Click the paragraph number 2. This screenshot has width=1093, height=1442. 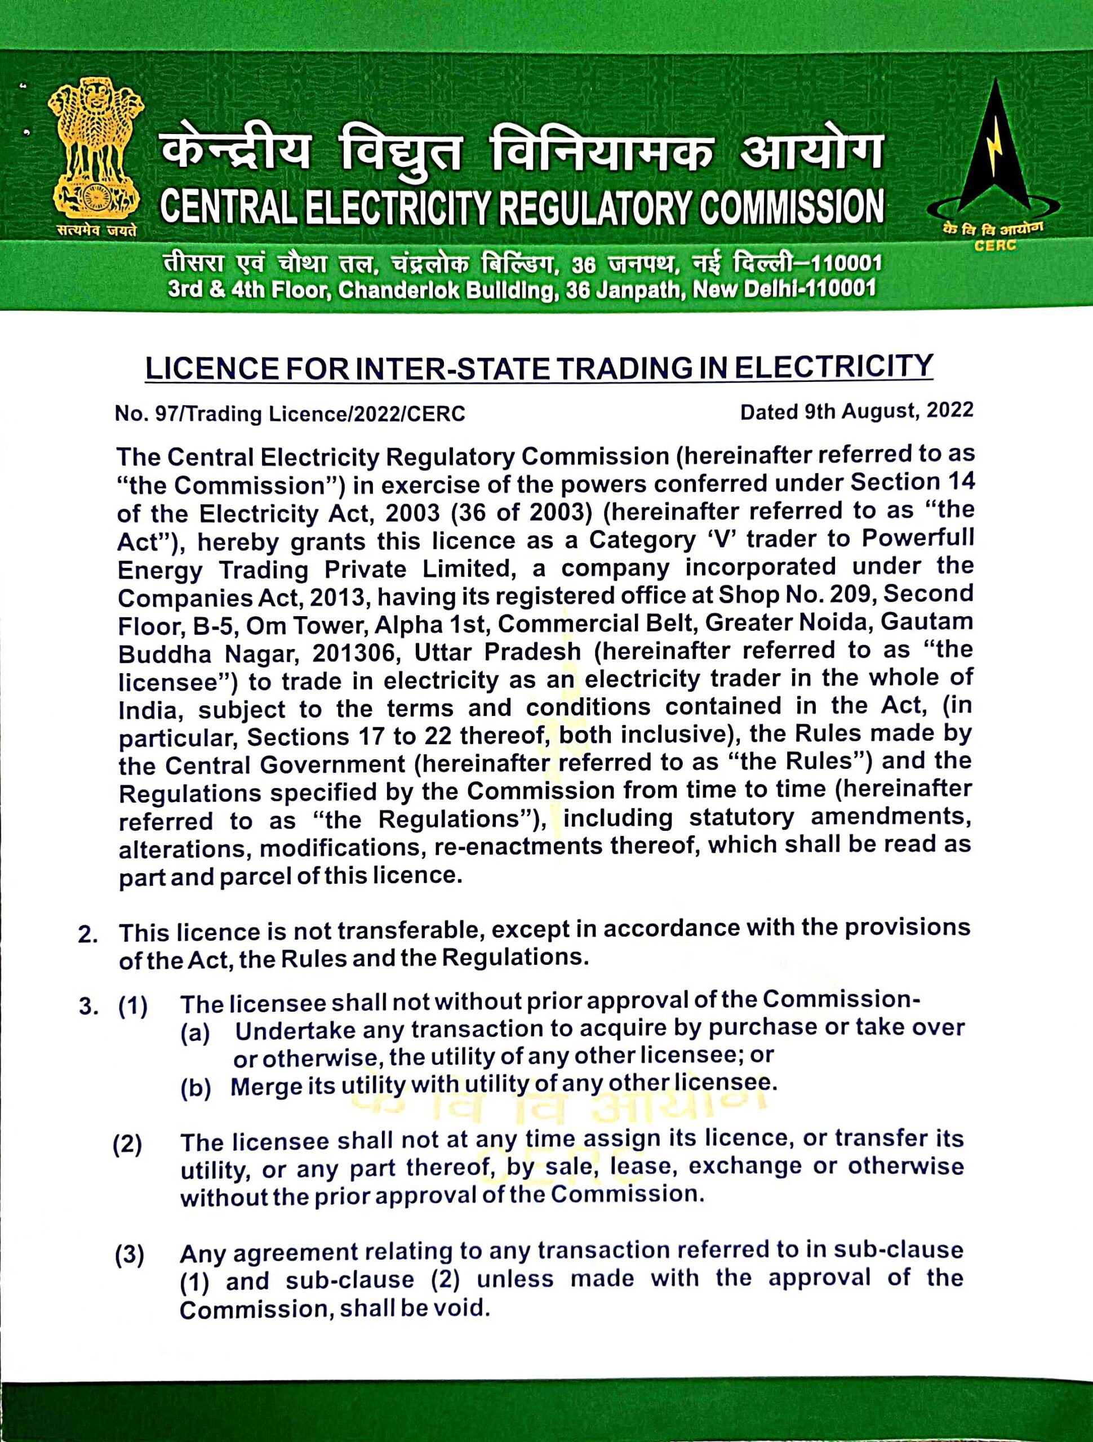[x=87, y=933]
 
